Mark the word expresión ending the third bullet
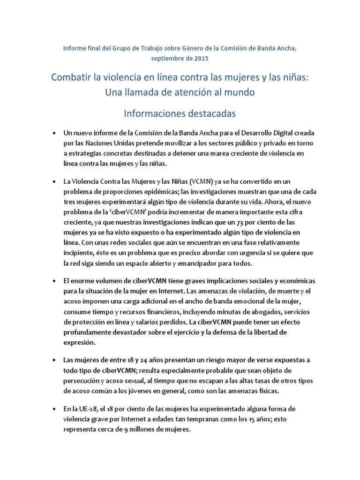pos(79,343)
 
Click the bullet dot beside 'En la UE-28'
pos(55,408)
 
